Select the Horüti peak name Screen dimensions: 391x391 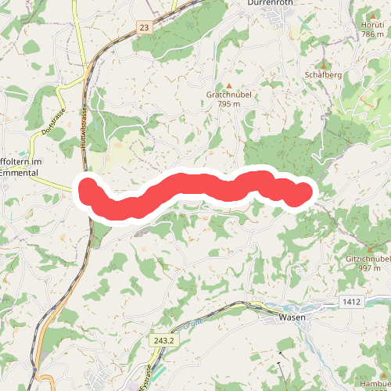pyautogui.click(x=372, y=25)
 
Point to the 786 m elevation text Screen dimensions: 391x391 pyautogui.click(x=372, y=34)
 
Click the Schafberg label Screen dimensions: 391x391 pyautogui.click(x=322, y=75)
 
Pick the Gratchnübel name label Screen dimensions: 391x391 pyautogui.click(x=228, y=95)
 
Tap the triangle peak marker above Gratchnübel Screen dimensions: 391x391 pyautogui.click(x=228, y=84)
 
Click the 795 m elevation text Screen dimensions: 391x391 pyautogui.click(x=228, y=104)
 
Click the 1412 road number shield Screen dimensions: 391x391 pyautogui.click(x=351, y=301)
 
